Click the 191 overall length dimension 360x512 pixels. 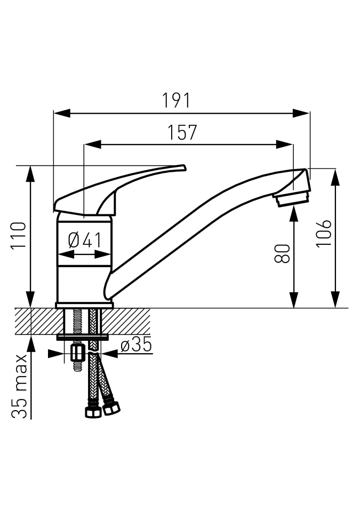pyautogui.click(x=176, y=100)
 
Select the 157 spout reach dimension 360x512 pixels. pyautogui.click(x=182, y=132)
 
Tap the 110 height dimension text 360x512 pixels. pyautogui.click(x=19, y=236)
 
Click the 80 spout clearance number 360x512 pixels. pyautogui.click(x=282, y=253)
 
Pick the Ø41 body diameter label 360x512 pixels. pyautogui.click(x=85, y=241)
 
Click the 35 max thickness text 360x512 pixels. pyautogui.click(x=19, y=386)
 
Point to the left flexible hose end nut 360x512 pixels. pyautogui.click(x=93, y=412)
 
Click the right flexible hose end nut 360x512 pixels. pyautogui.click(x=111, y=408)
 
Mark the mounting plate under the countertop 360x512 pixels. pyautogui.click(x=83, y=337)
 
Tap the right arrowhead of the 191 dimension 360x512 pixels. pyautogui.click(x=301, y=113)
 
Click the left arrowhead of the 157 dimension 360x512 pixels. pyautogui.click(x=93, y=144)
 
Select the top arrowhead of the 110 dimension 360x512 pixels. pyautogui.click(x=31, y=174)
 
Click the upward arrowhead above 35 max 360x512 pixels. pyautogui.click(x=31, y=343)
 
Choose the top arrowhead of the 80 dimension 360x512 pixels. pyautogui.click(x=294, y=216)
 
